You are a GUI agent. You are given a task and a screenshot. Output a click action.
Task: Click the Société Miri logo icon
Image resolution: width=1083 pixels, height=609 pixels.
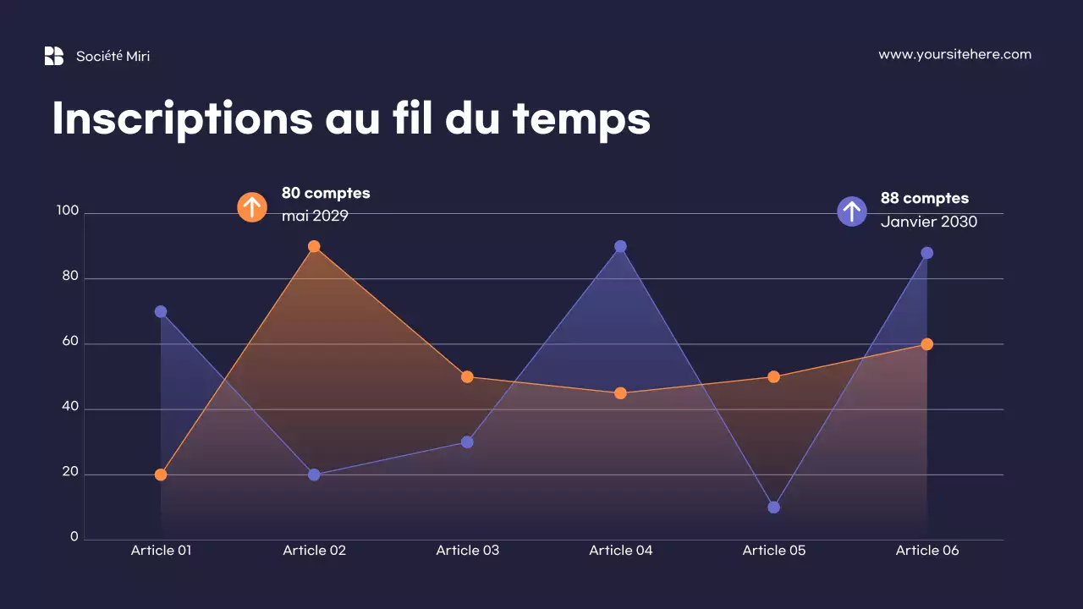[x=54, y=56]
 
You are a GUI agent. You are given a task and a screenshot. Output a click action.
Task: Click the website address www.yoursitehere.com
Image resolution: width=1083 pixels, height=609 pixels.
[x=954, y=54]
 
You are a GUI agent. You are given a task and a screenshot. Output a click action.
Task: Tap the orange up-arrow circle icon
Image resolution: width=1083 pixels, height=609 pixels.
[x=252, y=207]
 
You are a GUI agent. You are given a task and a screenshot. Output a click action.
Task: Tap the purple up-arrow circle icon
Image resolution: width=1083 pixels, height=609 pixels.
[x=852, y=211]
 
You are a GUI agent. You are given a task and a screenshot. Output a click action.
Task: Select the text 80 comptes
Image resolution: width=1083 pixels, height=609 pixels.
[x=326, y=193]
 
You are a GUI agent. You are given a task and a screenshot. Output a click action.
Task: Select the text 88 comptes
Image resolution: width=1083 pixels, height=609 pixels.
[x=924, y=198]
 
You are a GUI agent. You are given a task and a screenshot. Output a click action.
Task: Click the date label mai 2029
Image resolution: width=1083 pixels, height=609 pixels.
[x=315, y=216]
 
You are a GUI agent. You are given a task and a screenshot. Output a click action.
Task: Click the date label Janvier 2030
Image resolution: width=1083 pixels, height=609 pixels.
[x=928, y=222]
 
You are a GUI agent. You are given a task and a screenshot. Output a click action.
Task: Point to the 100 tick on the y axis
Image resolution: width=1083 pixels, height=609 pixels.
[x=68, y=211]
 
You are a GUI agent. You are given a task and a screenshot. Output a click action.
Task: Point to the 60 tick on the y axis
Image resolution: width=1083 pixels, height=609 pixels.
[x=69, y=343]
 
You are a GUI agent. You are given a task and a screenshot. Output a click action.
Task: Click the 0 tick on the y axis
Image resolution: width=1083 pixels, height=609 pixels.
[x=74, y=537]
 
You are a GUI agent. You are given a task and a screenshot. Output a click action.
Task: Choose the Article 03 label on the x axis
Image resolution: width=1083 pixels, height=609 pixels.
[x=468, y=551]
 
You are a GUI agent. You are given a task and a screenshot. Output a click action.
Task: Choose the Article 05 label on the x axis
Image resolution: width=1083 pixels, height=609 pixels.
[x=774, y=551]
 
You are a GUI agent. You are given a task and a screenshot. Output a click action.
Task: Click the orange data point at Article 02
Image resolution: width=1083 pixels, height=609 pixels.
[x=314, y=247]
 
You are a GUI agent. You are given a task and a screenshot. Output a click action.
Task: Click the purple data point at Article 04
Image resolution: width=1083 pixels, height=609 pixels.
[x=620, y=247]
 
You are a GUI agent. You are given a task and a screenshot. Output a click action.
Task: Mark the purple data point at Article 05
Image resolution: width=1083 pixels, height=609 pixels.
[x=773, y=507]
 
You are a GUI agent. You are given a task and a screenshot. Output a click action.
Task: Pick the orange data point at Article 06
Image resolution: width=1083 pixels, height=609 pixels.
[x=926, y=344]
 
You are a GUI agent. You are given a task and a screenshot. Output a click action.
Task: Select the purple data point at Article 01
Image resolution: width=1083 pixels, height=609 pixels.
[x=161, y=312]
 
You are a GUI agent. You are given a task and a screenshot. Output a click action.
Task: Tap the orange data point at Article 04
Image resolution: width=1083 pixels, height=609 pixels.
[x=620, y=393]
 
